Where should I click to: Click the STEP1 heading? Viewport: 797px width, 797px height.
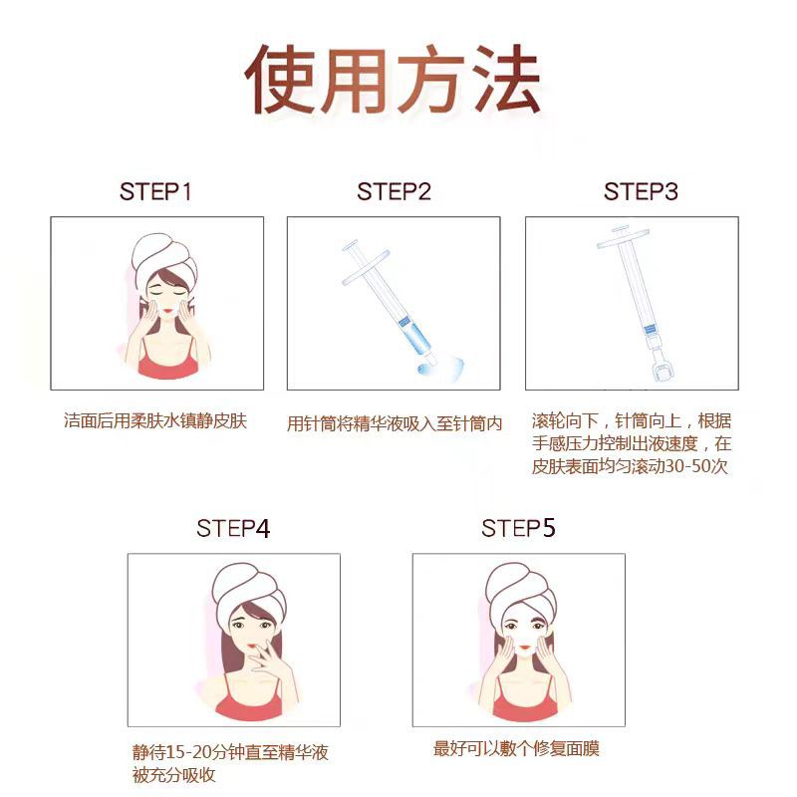click(x=155, y=191)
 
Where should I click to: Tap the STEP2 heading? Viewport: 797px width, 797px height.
click(x=394, y=191)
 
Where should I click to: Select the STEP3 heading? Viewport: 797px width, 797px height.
click(x=641, y=191)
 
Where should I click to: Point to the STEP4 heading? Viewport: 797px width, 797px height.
click(x=233, y=529)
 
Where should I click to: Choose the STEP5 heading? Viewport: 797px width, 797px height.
click(x=518, y=528)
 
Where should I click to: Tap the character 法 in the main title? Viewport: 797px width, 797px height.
click(x=505, y=79)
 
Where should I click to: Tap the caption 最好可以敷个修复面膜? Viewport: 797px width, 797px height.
click(x=516, y=749)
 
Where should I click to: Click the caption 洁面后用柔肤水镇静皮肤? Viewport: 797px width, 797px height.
click(x=155, y=420)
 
